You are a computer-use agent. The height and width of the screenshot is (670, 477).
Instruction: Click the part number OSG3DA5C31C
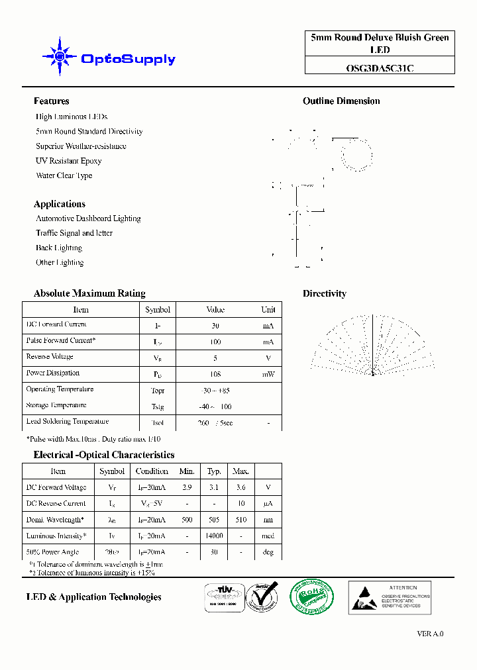[380, 68]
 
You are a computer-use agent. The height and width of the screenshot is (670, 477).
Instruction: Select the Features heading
[52, 101]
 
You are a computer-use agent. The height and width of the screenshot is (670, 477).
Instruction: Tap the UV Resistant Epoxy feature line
[68, 161]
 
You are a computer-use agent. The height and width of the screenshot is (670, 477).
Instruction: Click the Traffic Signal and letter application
[74, 233]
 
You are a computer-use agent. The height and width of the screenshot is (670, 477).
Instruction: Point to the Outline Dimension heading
[341, 101]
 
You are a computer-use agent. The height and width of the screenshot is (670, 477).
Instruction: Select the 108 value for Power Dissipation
[215, 374]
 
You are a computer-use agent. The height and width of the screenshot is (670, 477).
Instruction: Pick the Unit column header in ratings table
[268, 309]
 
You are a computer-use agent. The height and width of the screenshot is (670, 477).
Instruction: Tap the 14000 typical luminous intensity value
[214, 536]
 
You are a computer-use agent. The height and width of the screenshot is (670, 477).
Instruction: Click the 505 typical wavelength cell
[214, 520]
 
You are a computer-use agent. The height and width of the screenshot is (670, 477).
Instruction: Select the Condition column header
[152, 471]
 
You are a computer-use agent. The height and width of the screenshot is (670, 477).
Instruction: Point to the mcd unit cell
[268, 536]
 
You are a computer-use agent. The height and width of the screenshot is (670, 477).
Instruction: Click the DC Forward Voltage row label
[56, 487]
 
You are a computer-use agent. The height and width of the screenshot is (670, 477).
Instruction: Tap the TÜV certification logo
[221, 597]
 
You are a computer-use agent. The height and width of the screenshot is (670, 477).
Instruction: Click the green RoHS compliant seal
[312, 597]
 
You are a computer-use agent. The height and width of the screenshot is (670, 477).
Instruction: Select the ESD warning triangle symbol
[364, 597]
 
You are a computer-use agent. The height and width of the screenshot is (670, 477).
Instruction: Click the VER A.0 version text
[430, 634]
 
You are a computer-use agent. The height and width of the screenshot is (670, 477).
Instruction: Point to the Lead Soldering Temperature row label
[68, 422]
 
